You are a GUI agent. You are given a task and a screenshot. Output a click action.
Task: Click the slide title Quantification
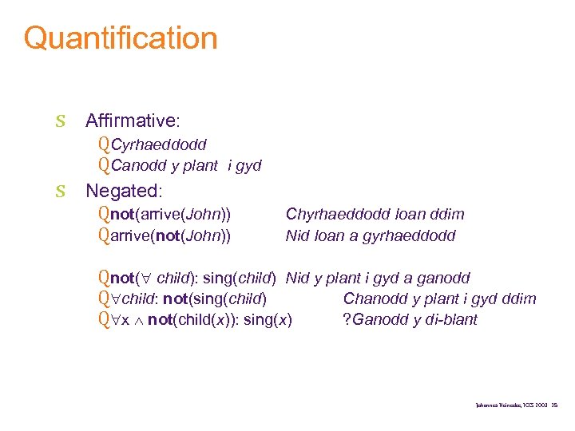(x=121, y=38)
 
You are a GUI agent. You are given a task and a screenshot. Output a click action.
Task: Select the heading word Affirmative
(x=131, y=121)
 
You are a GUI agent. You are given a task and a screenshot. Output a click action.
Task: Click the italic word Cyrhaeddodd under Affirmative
(x=159, y=144)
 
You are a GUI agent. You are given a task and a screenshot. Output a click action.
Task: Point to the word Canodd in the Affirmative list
(x=135, y=166)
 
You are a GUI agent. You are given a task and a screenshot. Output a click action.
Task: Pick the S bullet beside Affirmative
(x=60, y=122)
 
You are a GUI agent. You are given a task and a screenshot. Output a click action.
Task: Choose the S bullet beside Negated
(x=60, y=192)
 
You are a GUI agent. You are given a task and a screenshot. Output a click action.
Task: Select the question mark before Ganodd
(x=346, y=320)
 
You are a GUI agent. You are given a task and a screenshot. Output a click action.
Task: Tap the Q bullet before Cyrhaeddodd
(x=104, y=144)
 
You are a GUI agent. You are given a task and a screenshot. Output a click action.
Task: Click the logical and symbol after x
(x=138, y=321)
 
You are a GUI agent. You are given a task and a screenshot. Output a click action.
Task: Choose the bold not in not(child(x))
(x=161, y=320)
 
